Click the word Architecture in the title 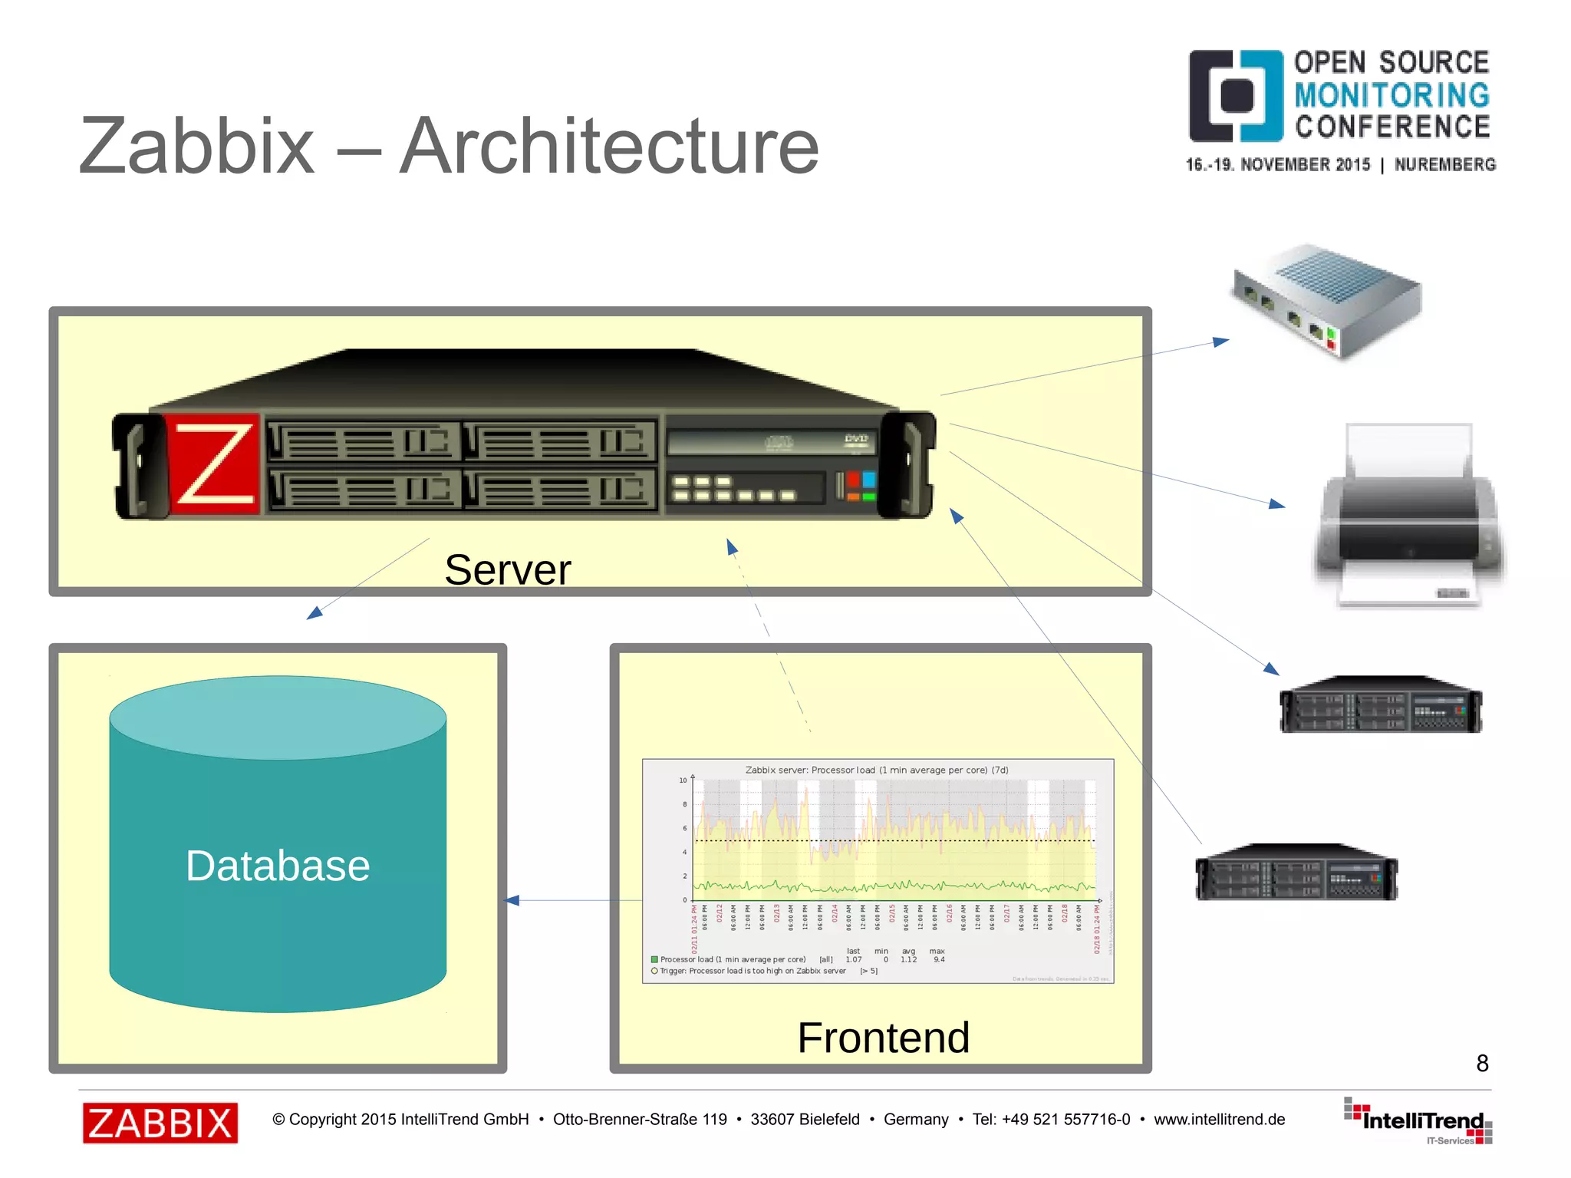(x=610, y=146)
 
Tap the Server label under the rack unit (x=508, y=570)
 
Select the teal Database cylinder (x=278, y=844)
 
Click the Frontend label (x=884, y=1038)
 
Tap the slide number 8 (x=1482, y=1063)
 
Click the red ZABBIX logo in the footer (x=160, y=1123)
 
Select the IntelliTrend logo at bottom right (x=1419, y=1122)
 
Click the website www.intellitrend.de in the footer (x=1219, y=1120)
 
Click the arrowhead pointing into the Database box (x=512, y=900)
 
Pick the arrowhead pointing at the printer (x=1277, y=504)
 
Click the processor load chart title (x=877, y=770)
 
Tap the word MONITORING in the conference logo (x=1392, y=95)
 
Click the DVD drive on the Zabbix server (x=771, y=441)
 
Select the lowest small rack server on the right (x=1296, y=873)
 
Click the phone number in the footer (x=1051, y=1120)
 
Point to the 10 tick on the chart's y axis (x=683, y=780)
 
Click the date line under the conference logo (x=1340, y=165)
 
